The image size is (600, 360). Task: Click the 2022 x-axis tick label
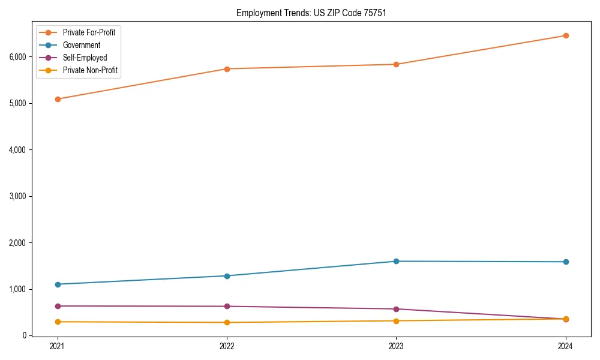(227, 346)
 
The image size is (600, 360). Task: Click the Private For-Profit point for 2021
(57, 99)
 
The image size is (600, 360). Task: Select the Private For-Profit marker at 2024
(566, 35)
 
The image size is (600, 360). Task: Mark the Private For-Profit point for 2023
(396, 64)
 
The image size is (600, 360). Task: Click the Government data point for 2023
(396, 261)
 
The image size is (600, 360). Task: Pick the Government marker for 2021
(57, 284)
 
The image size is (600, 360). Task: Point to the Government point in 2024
(566, 262)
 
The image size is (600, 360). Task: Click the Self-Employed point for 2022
(227, 307)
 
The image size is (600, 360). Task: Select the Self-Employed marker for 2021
(57, 306)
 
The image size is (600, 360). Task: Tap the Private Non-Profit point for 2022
(227, 323)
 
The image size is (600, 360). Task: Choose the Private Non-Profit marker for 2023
(396, 321)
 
